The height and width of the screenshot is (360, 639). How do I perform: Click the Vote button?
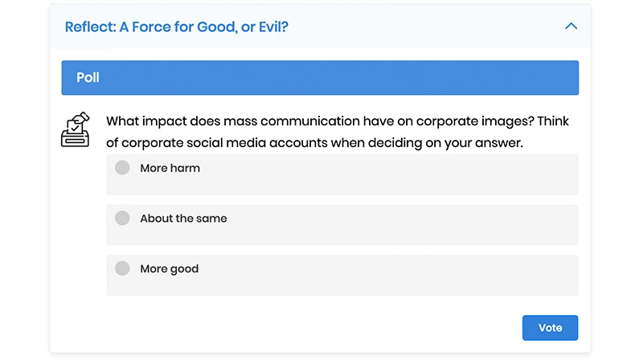tap(550, 328)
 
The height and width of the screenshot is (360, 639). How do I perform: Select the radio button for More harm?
tap(122, 168)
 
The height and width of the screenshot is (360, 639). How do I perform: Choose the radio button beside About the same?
tap(122, 218)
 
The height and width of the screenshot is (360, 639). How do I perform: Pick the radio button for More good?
tap(122, 268)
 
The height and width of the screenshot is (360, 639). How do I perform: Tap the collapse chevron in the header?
tap(571, 27)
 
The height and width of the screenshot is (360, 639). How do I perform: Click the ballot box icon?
tap(76, 129)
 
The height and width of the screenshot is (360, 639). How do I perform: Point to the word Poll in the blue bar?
tap(88, 78)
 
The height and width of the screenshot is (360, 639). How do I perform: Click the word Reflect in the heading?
tap(89, 27)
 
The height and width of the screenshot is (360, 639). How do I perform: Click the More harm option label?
tap(170, 168)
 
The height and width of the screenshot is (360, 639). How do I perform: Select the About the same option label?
tap(183, 218)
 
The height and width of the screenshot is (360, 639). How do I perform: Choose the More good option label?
tap(169, 268)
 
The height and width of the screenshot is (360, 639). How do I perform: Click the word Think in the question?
tap(553, 122)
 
